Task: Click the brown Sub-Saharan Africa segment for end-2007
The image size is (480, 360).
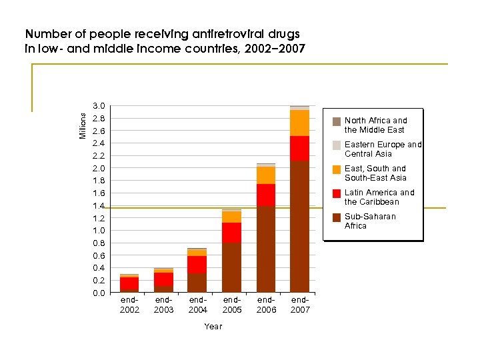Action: (x=299, y=227)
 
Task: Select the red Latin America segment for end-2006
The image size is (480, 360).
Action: (x=265, y=195)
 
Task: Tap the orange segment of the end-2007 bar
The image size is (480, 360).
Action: (x=299, y=123)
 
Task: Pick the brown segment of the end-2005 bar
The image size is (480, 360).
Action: (x=231, y=267)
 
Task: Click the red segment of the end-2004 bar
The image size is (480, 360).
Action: (x=197, y=265)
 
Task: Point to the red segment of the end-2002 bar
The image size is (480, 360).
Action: (x=129, y=283)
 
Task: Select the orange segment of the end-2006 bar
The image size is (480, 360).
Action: (x=265, y=175)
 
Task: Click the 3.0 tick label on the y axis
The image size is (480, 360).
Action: (x=99, y=107)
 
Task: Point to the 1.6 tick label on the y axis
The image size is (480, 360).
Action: (x=99, y=193)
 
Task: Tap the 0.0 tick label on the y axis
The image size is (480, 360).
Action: (x=99, y=293)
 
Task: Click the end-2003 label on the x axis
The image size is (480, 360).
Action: (x=163, y=305)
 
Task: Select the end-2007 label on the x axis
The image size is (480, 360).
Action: (x=300, y=305)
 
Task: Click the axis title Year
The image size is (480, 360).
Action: (x=213, y=327)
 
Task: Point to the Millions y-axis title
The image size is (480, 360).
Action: (x=83, y=125)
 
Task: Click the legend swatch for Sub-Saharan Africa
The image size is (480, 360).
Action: (x=337, y=217)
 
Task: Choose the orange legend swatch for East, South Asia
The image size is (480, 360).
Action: (x=337, y=169)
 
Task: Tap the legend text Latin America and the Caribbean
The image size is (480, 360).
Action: (x=379, y=197)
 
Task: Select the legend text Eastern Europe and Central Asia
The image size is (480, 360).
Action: (x=383, y=149)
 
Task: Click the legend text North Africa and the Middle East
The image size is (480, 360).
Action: (x=375, y=125)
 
